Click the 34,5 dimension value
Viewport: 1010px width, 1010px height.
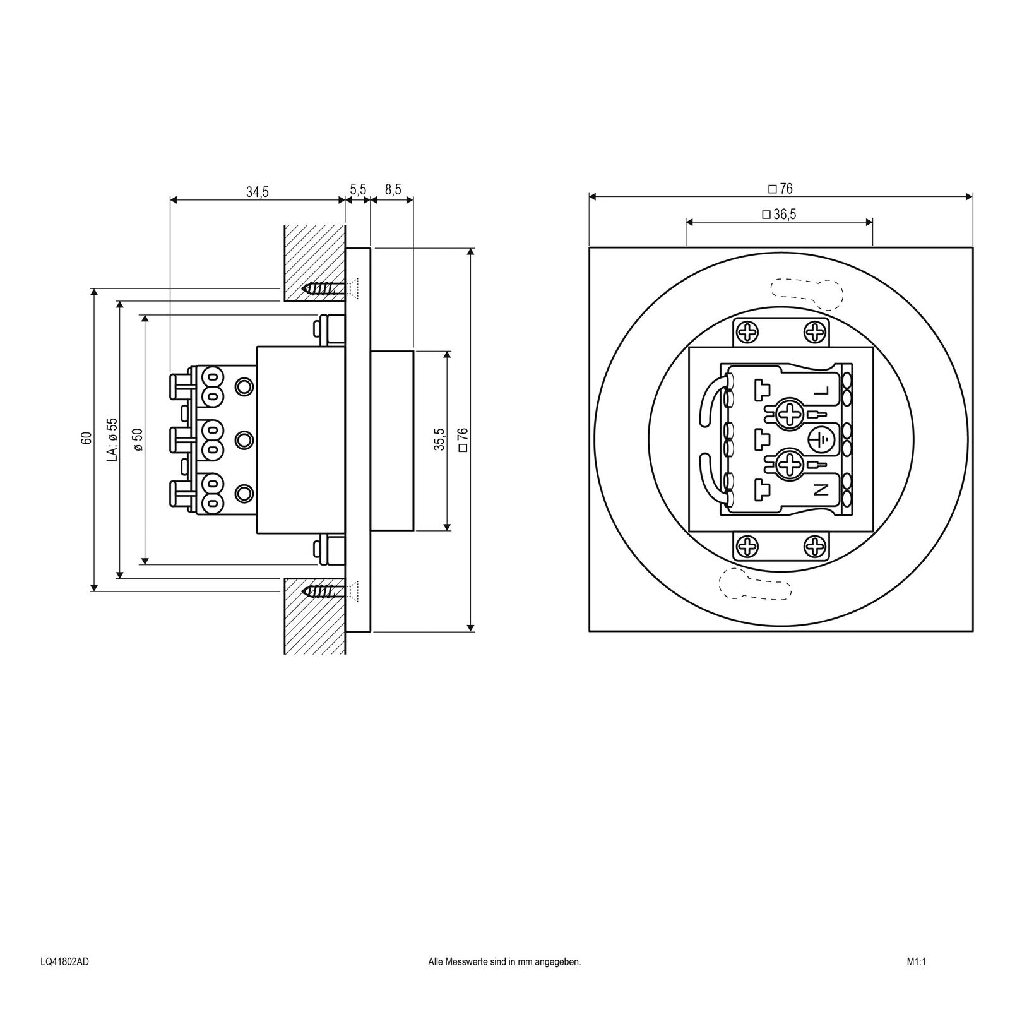point(257,192)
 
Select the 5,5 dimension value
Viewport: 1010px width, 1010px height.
point(358,189)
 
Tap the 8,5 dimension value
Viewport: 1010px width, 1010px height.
point(392,189)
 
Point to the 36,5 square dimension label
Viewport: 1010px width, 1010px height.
point(779,215)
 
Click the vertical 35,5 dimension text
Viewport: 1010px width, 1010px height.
point(439,439)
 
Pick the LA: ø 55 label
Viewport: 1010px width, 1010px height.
point(112,439)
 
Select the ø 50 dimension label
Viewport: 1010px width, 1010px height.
point(138,439)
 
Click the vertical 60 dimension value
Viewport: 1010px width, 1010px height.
point(86,438)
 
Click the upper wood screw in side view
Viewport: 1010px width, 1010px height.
point(326,288)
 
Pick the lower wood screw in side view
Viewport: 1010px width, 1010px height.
point(326,591)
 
